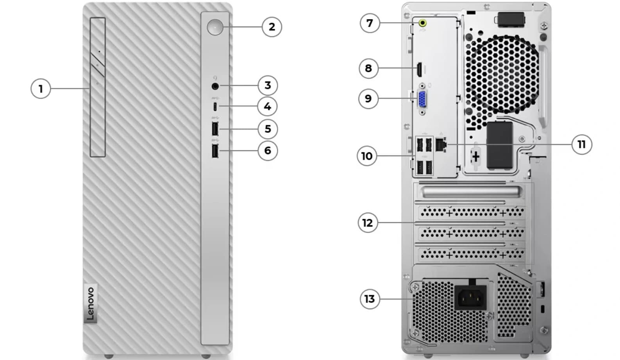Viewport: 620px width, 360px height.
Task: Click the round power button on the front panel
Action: [x=215, y=27]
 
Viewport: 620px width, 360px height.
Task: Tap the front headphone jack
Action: [x=215, y=86]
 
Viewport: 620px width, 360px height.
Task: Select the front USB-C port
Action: [x=215, y=107]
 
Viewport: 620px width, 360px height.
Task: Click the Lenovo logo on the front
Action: [x=91, y=303]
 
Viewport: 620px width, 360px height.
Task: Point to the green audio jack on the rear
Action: [x=422, y=23]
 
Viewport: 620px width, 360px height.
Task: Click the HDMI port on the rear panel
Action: [x=420, y=70]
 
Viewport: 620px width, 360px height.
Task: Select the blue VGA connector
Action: [x=422, y=99]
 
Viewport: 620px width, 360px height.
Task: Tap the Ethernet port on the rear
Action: [x=441, y=144]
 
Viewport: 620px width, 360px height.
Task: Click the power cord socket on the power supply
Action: [x=470, y=298]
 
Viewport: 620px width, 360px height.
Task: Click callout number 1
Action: [x=41, y=89]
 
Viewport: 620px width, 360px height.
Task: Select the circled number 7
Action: [x=370, y=23]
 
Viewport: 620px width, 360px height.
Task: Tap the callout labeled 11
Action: [x=582, y=144]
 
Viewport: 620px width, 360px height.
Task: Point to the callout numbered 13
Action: [x=370, y=299]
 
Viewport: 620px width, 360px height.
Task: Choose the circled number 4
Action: [x=267, y=106]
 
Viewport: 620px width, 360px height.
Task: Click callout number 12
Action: [x=368, y=223]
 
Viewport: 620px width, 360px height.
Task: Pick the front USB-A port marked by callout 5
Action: [x=215, y=129]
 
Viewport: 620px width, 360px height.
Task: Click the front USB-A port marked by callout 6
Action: [x=215, y=151]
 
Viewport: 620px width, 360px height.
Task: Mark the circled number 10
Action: [x=367, y=156]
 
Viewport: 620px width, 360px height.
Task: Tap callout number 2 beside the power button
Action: [x=272, y=27]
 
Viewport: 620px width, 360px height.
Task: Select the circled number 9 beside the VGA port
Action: [x=368, y=98]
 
